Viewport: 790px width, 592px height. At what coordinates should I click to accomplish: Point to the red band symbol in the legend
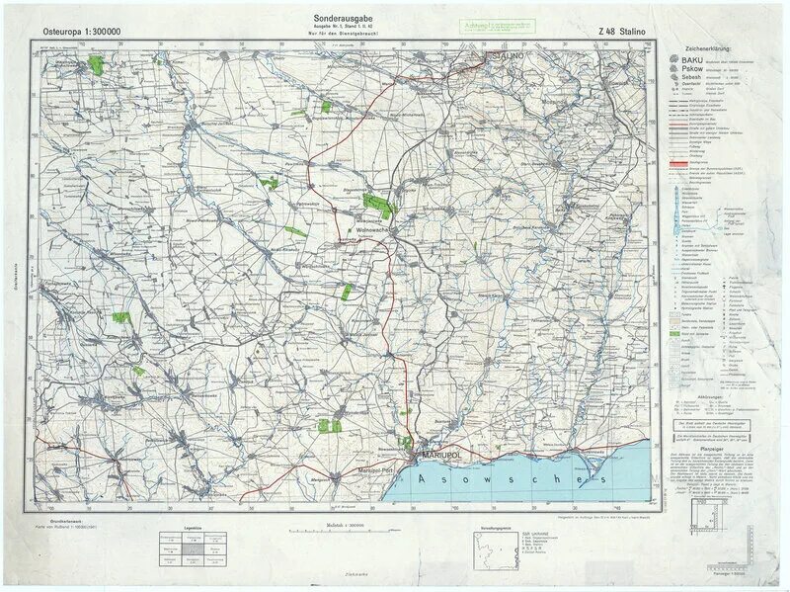[x=682, y=160]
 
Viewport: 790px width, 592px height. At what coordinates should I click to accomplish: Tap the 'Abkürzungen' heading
[x=712, y=395]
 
